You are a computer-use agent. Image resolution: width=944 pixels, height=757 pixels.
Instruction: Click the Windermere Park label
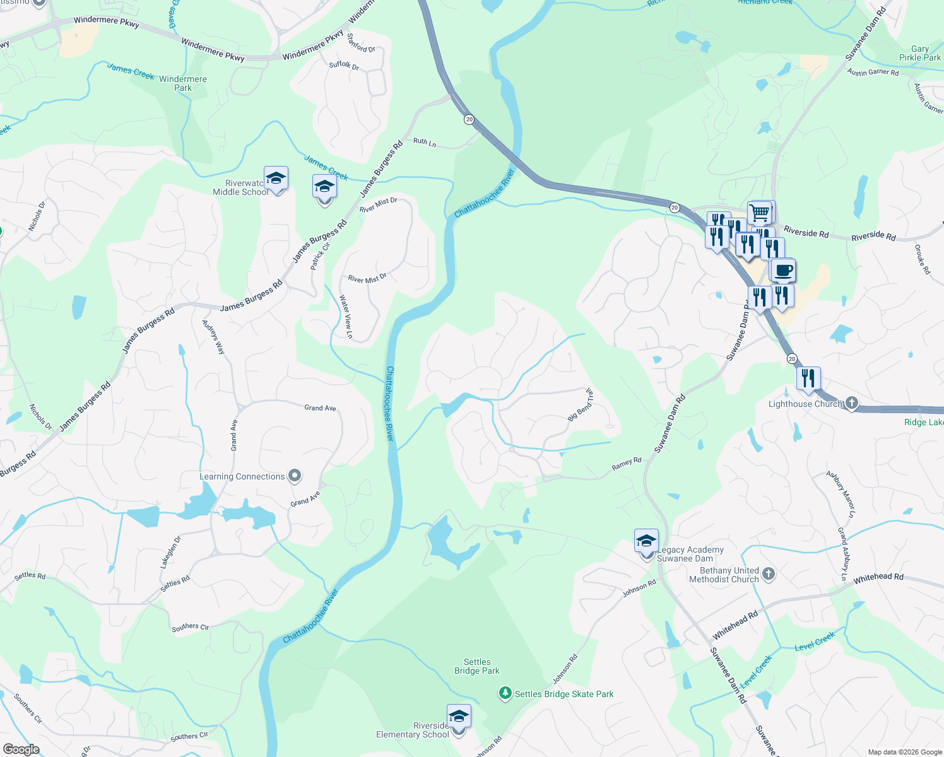183,83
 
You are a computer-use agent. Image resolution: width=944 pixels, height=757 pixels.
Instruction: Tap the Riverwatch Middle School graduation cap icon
276,179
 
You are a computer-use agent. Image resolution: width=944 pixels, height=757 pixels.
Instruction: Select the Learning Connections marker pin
295,476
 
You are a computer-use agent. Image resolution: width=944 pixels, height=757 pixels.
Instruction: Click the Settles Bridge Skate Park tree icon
505,694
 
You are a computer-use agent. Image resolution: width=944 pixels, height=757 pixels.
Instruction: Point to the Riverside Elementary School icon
459,717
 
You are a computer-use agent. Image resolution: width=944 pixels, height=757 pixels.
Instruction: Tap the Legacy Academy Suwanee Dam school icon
646,541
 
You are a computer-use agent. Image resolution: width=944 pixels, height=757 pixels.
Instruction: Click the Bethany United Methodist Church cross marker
768,573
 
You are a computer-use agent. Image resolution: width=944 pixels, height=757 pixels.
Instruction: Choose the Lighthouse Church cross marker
851,403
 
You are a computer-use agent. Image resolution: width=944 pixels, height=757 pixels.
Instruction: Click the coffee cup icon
783,271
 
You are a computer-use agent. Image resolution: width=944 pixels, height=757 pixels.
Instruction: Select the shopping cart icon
760,213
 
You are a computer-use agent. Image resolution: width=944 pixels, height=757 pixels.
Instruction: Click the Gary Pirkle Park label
920,53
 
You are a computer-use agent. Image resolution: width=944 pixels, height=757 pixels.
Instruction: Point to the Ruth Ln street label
425,143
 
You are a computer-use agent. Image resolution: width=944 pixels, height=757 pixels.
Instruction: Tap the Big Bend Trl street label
581,406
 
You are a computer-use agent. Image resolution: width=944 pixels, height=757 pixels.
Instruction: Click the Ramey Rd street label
626,464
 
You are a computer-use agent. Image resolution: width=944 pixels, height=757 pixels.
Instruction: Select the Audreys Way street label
213,337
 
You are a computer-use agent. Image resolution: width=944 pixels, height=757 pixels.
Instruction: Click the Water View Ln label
346,317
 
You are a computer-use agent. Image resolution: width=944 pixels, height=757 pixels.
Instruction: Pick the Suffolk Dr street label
344,65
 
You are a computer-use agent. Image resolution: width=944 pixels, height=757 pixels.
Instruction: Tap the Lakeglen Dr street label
170,553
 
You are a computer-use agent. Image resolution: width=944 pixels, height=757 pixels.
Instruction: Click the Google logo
21,749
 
